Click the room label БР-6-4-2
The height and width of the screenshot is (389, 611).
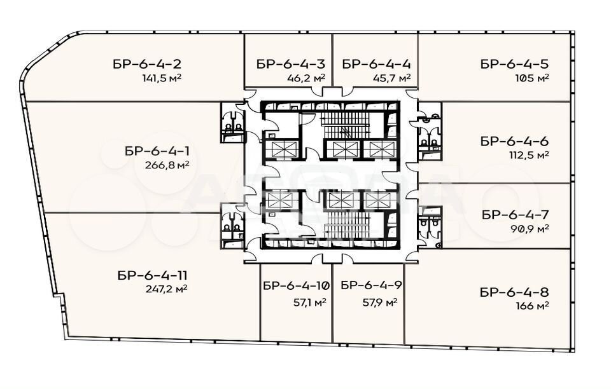[x=147, y=64]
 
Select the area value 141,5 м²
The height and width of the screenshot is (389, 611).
[x=162, y=78]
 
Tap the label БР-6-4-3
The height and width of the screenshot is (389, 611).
[x=291, y=64]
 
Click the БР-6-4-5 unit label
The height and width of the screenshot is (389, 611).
[x=515, y=64]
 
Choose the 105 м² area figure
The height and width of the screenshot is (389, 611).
[x=532, y=78]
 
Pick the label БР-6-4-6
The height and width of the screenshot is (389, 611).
[x=515, y=141]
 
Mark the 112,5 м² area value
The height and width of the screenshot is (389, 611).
[x=529, y=155]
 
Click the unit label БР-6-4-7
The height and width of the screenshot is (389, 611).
[x=516, y=214]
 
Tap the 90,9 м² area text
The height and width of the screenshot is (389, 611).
[x=530, y=228]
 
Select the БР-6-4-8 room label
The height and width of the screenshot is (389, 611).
[x=515, y=292]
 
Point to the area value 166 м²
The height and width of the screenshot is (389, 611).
[x=532, y=306]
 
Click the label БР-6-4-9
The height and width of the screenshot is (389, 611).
[x=371, y=285]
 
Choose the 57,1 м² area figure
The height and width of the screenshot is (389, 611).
[x=310, y=303]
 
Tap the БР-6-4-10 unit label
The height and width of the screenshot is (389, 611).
[x=297, y=286]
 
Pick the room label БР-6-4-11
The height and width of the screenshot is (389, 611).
[x=152, y=275]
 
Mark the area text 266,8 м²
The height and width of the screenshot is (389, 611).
[x=167, y=165]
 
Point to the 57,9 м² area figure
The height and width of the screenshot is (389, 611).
[x=380, y=303]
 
